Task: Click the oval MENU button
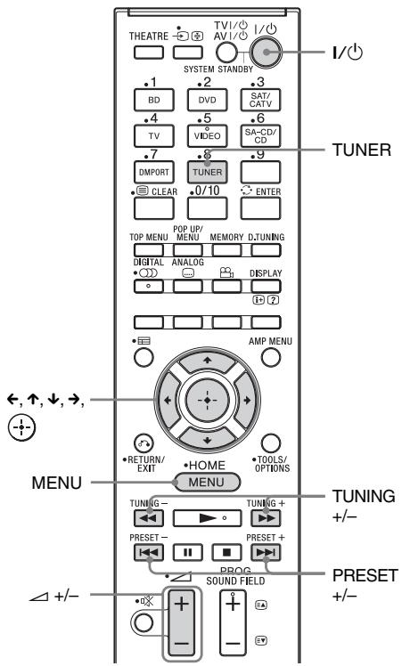pos(206,459)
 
